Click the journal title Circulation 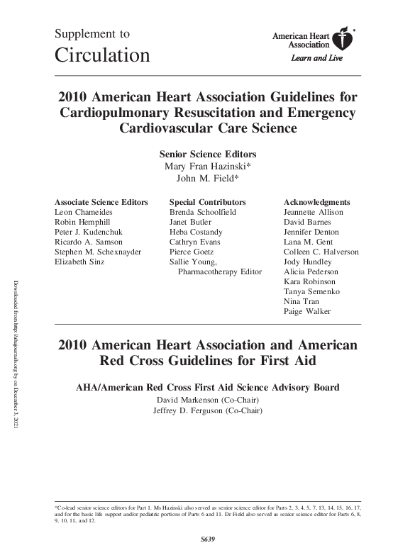[x=102, y=55]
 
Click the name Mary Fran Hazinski [x=207, y=166]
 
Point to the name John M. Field [x=207, y=178]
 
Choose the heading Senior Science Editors [x=207, y=154]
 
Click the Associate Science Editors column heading [x=101, y=202]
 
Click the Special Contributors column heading [x=208, y=202]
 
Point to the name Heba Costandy [x=196, y=232]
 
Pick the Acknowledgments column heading [x=316, y=202]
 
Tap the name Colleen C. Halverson [x=321, y=252]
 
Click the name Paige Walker [x=306, y=311]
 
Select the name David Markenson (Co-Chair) [x=207, y=400]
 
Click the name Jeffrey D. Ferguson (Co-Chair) [x=207, y=412]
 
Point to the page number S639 [x=207, y=539]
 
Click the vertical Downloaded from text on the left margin [x=16, y=354]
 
